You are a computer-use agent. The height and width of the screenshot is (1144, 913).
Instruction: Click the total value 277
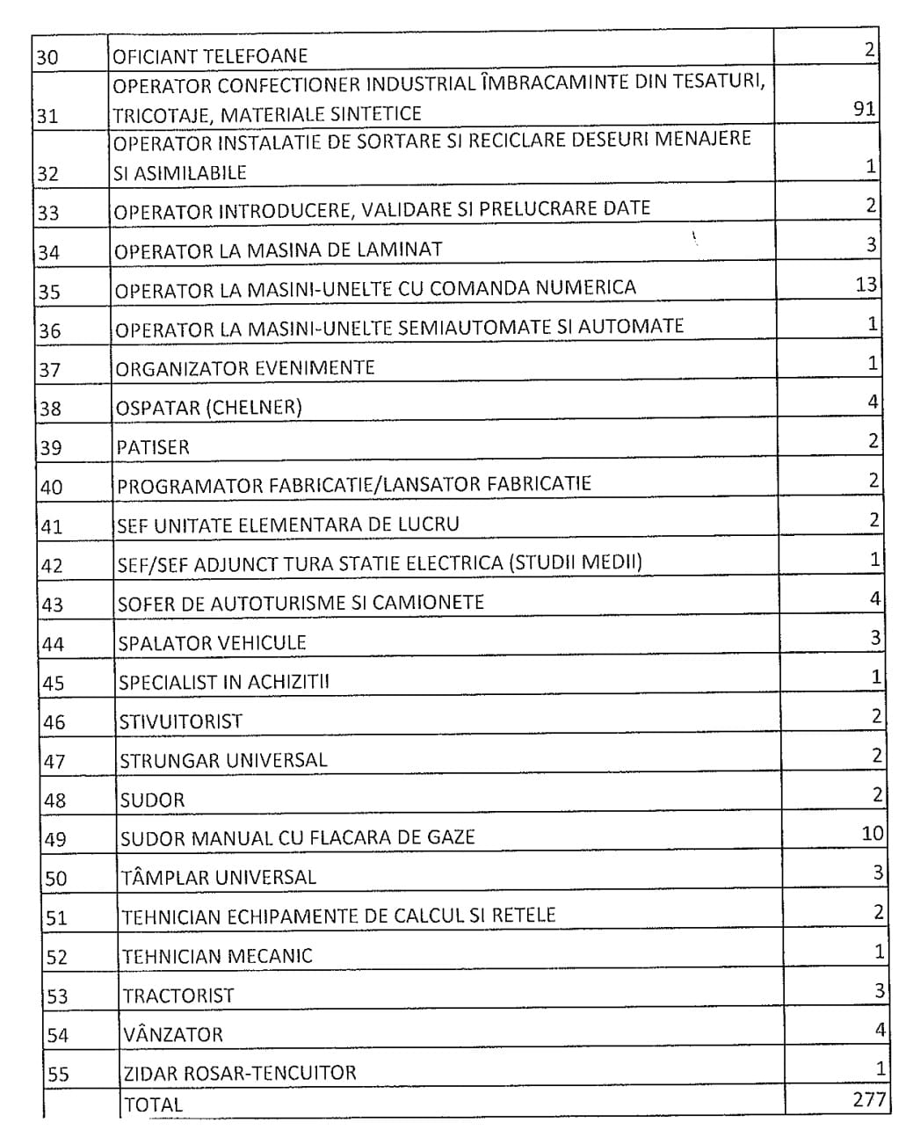[869, 1099]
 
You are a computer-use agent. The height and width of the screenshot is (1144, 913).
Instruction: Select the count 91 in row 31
[863, 108]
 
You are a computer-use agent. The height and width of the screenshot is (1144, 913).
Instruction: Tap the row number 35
[49, 292]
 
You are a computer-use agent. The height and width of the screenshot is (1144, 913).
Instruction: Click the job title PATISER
[153, 447]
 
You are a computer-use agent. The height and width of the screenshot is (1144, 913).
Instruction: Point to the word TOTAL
[153, 1105]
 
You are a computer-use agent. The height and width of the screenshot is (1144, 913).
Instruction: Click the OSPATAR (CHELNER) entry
[209, 408]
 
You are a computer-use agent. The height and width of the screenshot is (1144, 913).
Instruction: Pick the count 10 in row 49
[872, 833]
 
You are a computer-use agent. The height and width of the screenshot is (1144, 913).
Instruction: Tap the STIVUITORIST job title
[180, 721]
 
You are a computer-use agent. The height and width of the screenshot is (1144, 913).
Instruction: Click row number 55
[57, 1075]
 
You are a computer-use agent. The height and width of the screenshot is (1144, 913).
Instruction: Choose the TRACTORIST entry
[178, 996]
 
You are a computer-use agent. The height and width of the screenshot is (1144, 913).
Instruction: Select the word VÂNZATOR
[173, 1034]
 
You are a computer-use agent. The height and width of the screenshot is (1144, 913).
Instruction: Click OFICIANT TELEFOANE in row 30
[210, 57]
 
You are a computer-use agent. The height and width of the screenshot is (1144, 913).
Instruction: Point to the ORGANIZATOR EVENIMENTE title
[245, 367]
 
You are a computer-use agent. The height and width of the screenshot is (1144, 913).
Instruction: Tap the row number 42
[52, 566]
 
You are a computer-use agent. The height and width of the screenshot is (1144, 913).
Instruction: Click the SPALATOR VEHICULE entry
[212, 642]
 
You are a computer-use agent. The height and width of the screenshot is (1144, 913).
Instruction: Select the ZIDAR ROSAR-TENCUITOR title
[239, 1073]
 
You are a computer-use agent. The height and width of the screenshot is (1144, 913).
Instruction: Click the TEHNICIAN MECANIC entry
[217, 956]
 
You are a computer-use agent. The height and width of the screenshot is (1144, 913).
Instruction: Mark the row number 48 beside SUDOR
[54, 800]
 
